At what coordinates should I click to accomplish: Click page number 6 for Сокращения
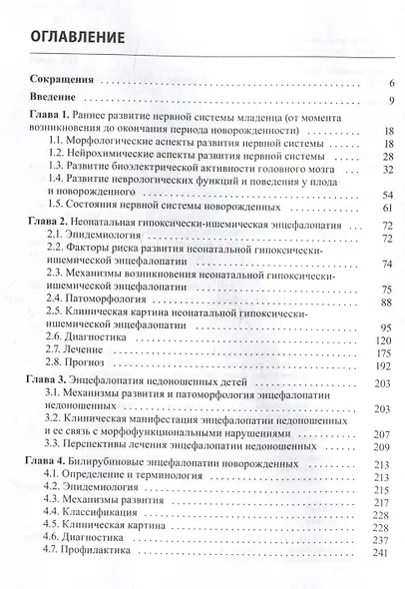[x=393, y=84]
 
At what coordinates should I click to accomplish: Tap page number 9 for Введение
[x=393, y=101]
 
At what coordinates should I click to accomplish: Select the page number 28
[x=390, y=157]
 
